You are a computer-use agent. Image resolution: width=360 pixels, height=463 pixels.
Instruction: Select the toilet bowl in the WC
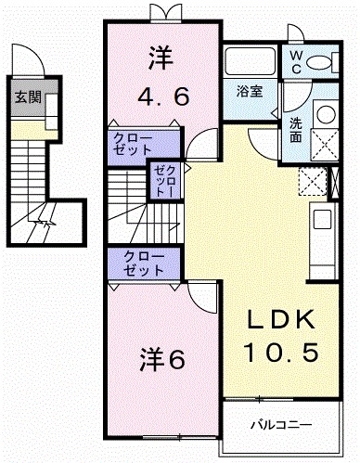coord(320,62)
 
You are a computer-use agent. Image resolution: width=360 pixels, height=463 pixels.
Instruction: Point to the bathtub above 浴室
coord(251,61)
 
